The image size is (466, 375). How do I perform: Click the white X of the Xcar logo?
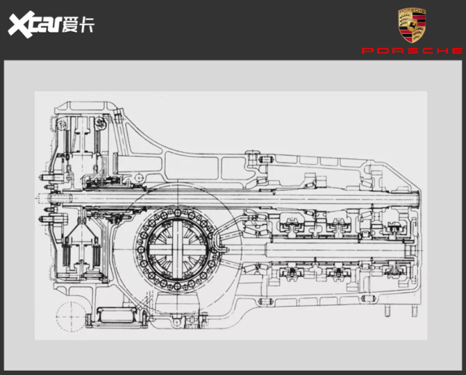[21, 25]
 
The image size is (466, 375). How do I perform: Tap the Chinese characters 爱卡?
[78, 25]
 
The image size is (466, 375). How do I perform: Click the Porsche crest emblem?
[412, 25]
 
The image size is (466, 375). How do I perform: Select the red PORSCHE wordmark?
[412, 51]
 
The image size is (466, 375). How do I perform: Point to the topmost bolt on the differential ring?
[177, 213]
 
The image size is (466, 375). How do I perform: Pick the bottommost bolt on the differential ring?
[177, 287]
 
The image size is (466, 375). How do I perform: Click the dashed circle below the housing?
[71, 316]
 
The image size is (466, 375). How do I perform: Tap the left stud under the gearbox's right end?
[387, 310]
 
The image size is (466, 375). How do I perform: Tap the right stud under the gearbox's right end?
[414, 310]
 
